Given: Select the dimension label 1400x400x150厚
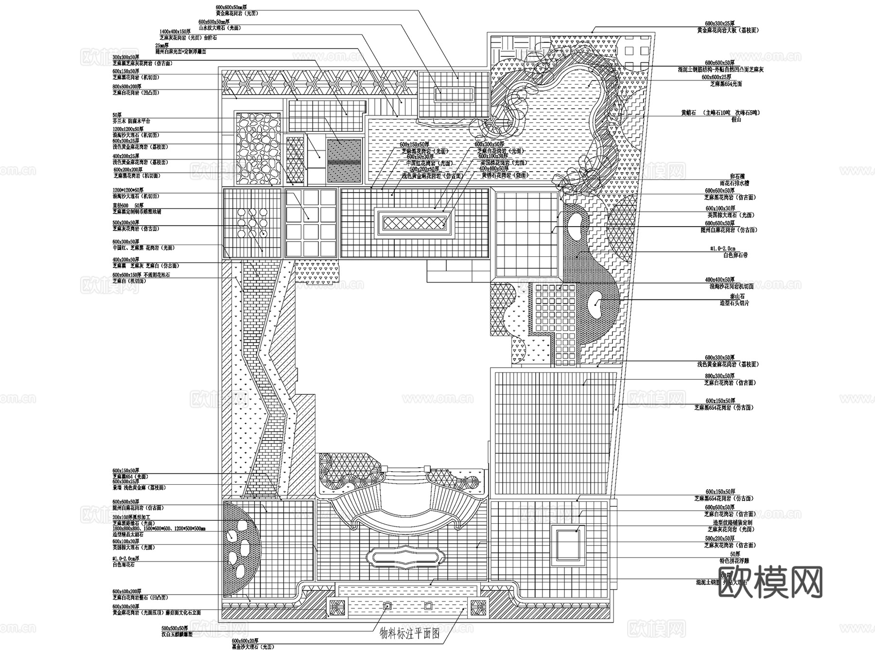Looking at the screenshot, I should coord(175,31).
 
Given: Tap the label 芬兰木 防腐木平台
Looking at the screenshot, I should coord(131,121).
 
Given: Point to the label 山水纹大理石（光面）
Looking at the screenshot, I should coord(219,28).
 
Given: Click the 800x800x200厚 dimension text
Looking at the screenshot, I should coord(125,86).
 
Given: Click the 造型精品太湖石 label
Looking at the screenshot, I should coord(127,534).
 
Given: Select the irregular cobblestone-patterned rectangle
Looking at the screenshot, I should coord(258,148).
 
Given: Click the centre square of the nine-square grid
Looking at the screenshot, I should coord(311,222).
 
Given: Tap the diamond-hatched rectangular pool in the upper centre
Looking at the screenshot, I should coord(415,223).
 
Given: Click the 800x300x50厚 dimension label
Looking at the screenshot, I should coord(720,376).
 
